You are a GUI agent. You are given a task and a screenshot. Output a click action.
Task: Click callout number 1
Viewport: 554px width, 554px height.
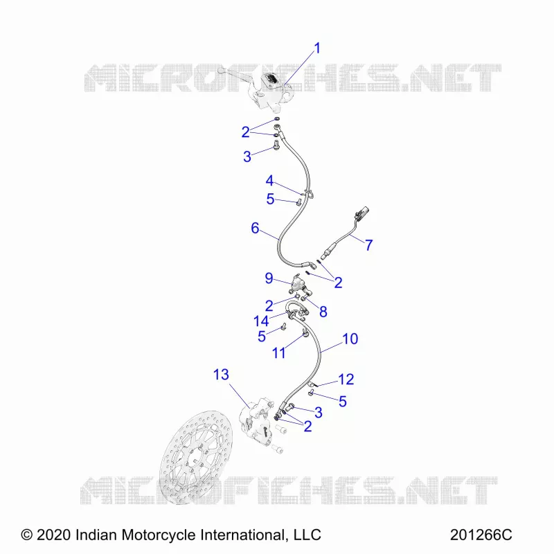[x=317, y=48]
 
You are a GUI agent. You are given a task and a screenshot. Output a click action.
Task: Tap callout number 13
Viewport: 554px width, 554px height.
[x=221, y=375]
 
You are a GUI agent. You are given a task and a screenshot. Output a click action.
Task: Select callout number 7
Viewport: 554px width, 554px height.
[x=368, y=245]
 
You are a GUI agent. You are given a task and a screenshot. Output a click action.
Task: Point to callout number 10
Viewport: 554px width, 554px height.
[x=350, y=339]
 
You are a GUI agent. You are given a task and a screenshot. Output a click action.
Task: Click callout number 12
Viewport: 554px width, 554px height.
[x=346, y=379]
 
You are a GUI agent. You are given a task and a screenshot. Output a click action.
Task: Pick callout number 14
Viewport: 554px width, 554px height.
[x=261, y=321]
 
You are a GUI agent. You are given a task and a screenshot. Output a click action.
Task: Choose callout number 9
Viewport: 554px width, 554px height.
[x=269, y=278]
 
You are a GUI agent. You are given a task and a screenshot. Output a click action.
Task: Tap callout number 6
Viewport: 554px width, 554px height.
[x=255, y=229]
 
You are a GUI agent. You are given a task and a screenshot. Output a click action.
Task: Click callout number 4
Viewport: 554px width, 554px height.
[x=269, y=181]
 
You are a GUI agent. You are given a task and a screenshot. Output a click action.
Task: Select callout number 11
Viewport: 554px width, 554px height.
[x=279, y=352]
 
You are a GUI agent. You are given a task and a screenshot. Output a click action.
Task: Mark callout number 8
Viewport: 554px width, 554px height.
[x=323, y=312]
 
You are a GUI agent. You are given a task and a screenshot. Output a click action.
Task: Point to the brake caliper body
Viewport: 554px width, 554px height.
[x=257, y=420]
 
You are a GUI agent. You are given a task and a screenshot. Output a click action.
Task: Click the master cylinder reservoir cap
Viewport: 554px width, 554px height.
[x=271, y=79]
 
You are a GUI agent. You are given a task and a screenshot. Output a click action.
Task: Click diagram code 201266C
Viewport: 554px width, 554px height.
[x=481, y=535]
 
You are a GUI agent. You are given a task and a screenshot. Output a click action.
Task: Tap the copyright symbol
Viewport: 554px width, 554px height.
[x=26, y=535]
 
